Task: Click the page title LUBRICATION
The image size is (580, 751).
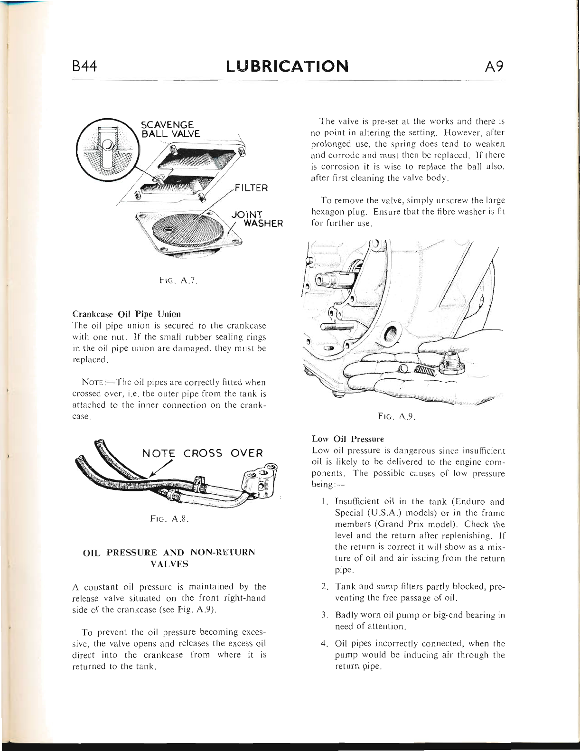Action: pyautogui.click(x=287, y=66)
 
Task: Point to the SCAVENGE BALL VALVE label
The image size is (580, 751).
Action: pyautogui.click(x=170, y=129)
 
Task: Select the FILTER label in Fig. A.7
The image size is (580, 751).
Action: pyautogui.click(x=251, y=188)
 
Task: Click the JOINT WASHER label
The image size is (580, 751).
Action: pyautogui.click(x=257, y=219)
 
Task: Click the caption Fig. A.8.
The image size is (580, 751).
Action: pyautogui.click(x=169, y=519)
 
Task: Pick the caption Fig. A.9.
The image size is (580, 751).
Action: pyautogui.click(x=397, y=417)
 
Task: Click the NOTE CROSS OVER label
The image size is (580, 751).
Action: pyautogui.click(x=202, y=453)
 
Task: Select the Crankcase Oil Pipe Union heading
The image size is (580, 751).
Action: pyautogui.click(x=126, y=314)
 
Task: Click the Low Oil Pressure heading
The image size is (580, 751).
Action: pyautogui.click(x=348, y=439)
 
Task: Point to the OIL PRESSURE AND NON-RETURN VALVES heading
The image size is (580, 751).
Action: pyautogui.click(x=169, y=558)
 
